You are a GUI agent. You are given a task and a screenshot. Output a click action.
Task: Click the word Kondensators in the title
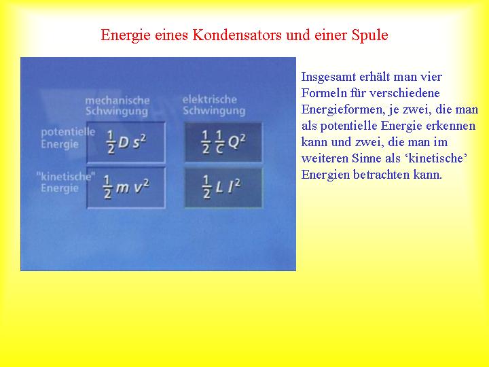pyautogui.click(x=237, y=35)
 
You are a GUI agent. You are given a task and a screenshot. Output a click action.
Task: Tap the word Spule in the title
pyautogui.click(x=370, y=35)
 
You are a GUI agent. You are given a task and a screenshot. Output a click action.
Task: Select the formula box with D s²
pyautogui.click(x=126, y=142)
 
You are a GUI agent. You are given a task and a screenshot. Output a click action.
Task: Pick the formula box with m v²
pyautogui.click(x=126, y=188)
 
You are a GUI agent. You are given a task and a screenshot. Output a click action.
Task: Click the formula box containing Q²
pyautogui.click(x=223, y=142)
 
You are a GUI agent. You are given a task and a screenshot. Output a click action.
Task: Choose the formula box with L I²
pyautogui.click(x=223, y=188)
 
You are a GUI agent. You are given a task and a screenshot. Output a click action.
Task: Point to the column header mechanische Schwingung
pyautogui.click(x=117, y=106)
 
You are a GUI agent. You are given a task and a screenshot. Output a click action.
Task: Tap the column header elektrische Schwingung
pyautogui.click(x=214, y=105)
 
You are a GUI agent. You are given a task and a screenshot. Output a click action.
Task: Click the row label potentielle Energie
pyautogui.click(x=68, y=138)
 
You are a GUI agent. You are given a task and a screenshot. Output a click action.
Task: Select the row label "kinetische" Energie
pyautogui.click(x=66, y=183)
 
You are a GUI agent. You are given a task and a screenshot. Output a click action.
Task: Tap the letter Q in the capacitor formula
pyautogui.click(x=234, y=142)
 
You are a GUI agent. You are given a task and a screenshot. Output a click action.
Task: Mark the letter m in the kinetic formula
pyautogui.click(x=122, y=188)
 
